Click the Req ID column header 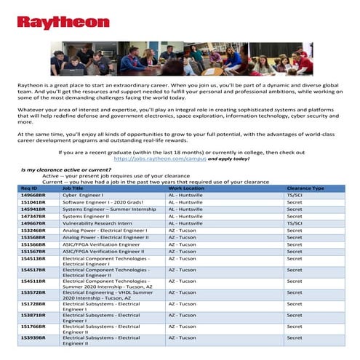point(29,188)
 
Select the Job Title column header point(73,188)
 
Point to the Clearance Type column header point(305,188)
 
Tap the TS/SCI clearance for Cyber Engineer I point(295,196)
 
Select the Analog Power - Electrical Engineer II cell point(106,237)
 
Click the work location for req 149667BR point(188,223)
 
